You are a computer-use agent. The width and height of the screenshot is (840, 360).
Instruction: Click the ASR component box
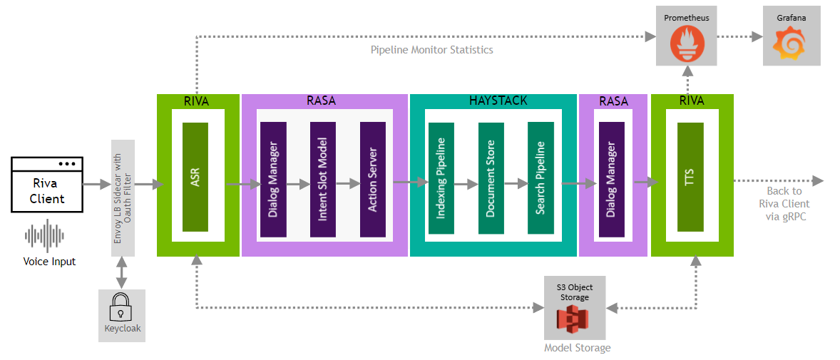(x=195, y=177)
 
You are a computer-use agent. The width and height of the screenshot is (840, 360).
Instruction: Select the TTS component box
(x=690, y=177)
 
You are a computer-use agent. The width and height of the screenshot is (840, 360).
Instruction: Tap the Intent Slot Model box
(x=323, y=179)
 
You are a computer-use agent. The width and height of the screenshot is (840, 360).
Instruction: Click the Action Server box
(x=373, y=179)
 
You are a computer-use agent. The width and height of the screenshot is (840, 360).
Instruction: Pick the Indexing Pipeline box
(x=441, y=178)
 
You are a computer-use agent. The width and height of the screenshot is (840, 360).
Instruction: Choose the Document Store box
(x=491, y=178)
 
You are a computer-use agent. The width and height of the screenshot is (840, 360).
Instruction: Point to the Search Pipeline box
(x=541, y=178)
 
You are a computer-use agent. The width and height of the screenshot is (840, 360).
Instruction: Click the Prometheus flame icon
(x=687, y=45)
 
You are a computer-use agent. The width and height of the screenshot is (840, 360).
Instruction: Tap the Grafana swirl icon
(x=792, y=45)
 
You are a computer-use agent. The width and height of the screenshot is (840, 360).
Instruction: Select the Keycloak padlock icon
(x=121, y=309)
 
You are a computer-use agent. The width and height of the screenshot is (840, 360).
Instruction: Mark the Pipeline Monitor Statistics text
(x=431, y=50)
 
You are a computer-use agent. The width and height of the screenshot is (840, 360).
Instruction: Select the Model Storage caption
(x=577, y=348)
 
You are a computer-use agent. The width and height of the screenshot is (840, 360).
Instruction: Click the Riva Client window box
(x=47, y=185)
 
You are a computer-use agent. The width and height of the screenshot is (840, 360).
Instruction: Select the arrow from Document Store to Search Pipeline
(x=516, y=184)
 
